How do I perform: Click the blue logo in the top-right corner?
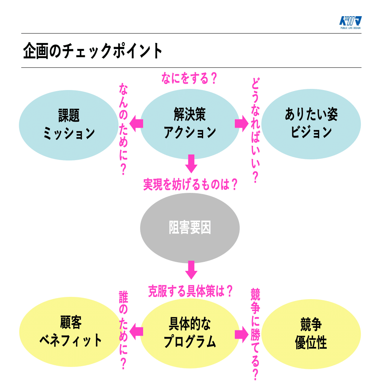click(x=350, y=22)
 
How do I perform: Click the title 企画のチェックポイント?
click(x=93, y=51)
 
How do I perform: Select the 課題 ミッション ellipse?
click(x=69, y=125)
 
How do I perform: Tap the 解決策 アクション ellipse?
click(x=190, y=124)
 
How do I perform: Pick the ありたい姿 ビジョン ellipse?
click(x=311, y=124)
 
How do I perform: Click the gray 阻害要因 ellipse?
click(x=190, y=228)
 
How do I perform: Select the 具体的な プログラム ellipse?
click(x=190, y=333)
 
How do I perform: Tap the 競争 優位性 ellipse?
click(x=311, y=334)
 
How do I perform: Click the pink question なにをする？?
click(x=189, y=78)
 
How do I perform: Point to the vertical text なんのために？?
click(x=124, y=129)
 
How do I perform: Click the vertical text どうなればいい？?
click(x=255, y=130)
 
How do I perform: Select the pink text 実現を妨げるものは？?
click(x=190, y=184)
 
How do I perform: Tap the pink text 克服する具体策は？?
click(x=190, y=291)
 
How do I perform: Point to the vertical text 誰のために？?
click(x=124, y=330)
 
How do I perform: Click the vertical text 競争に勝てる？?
click(x=255, y=334)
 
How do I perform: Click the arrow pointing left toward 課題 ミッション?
click(x=136, y=124)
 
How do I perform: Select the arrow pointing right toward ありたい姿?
click(x=242, y=124)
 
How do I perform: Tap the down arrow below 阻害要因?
click(x=191, y=270)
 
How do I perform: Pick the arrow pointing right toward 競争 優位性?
click(x=242, y=335)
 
